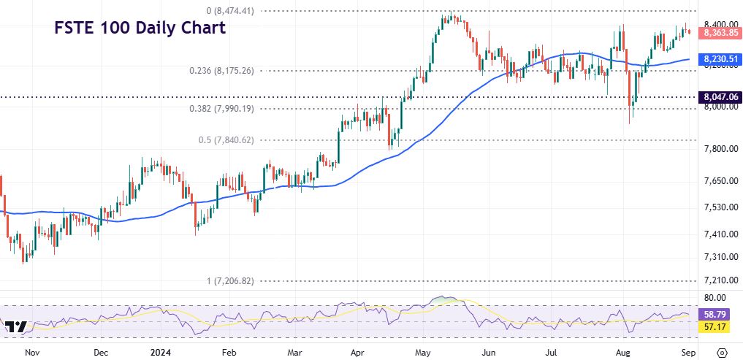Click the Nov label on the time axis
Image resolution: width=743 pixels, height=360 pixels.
pyautogui.click(x=31, y=352)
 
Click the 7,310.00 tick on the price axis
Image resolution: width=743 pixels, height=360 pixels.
pyautogui.click(x=716, y=257)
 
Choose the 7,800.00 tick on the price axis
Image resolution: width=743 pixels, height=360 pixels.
pyautogui.click(x=716, y=149)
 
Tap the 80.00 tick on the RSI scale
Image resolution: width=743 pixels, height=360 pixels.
pyautogui.click(x=713, y=298)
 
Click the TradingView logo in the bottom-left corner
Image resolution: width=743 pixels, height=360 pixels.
pyautogui.click(x=15, y=326)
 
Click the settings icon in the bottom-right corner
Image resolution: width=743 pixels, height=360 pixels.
pyautogui.click(x=722, y=352)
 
